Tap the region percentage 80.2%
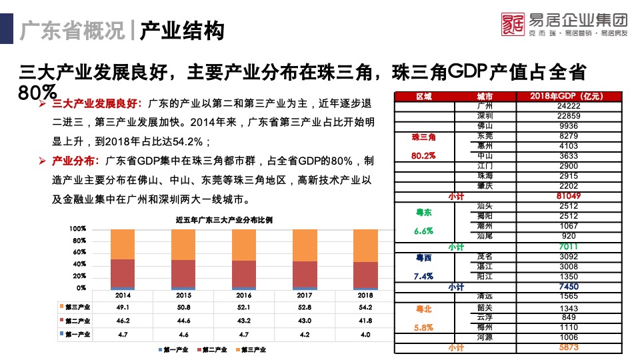click(424, 156)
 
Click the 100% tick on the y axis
click(78, 229)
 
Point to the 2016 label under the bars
click(244, 295)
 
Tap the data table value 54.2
click(365, 307)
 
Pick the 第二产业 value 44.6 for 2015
click(183, 321)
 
